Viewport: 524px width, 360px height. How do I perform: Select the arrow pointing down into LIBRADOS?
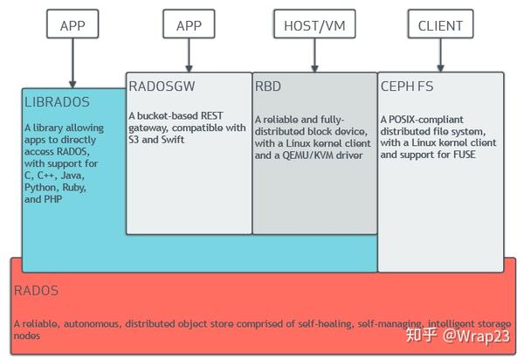[x=73, y=61]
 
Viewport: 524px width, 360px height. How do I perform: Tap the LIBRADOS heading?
[x=57, y=102]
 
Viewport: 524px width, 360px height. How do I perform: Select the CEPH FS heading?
[x=407, y=87]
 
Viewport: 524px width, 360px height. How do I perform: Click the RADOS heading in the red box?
[x=37, y=290]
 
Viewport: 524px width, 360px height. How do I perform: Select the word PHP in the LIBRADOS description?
[x=54, y=199]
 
